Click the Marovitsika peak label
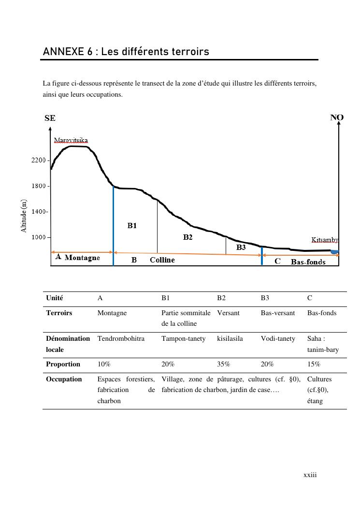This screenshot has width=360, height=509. [x=71, y=140]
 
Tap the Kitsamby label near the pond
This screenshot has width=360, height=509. [x=324, y=240]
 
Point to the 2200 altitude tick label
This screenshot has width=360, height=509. [x=39, y=160]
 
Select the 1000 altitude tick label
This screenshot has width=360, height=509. [x=39, y=237]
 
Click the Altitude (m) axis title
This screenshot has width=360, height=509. [x=24, y=216]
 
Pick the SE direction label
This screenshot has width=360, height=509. [x=50, y=118]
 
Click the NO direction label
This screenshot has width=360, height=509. [x=337, y=117]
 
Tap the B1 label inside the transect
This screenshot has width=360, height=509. [x=132, y=225]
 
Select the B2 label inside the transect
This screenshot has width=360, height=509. [x=187, y=237]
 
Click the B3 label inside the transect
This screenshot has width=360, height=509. [x=241, y=247]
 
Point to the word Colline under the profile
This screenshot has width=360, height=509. [x=162, y=260]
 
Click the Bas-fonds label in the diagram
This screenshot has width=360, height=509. [x=308, y=262]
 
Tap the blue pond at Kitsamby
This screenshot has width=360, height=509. [x=334, y=252]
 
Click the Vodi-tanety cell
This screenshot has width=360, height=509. [x=278, y=338]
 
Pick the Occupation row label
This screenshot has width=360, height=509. [x=64, y=379]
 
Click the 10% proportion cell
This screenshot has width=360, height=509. [x=104, y=364]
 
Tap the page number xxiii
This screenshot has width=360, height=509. [x=310, y=475]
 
